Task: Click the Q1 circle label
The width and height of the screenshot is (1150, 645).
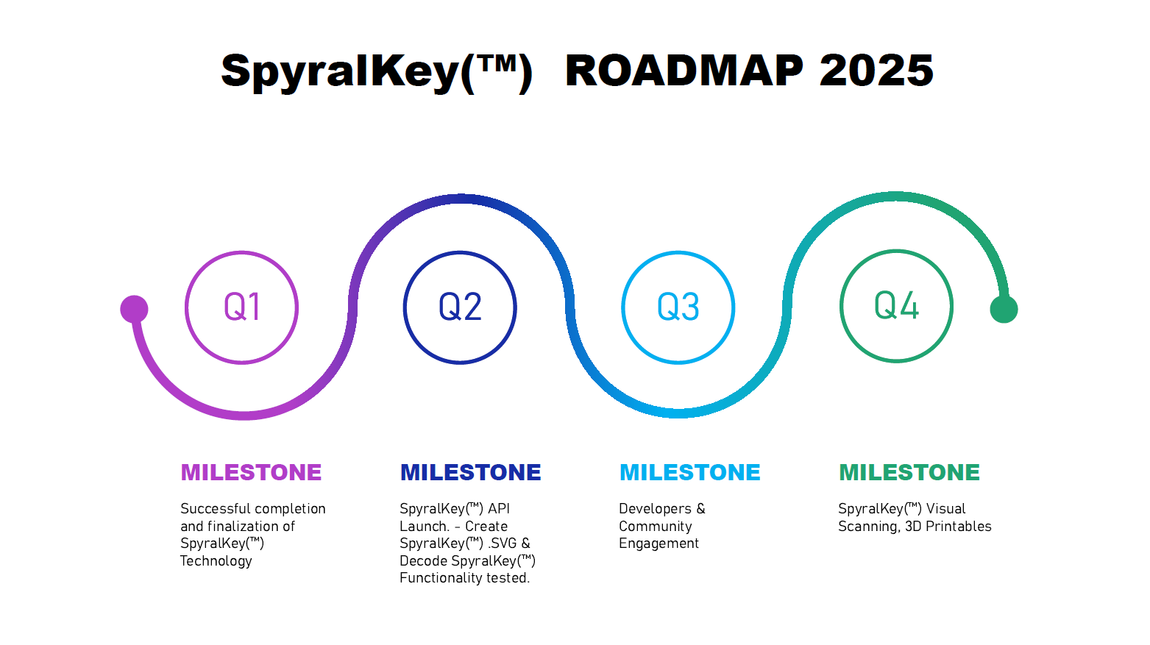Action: click(x=242, y=307)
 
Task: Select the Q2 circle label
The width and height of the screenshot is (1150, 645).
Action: click(x=460, y=307)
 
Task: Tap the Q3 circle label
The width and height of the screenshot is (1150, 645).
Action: click(x=678, y=307)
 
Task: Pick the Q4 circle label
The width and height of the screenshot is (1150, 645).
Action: click(x=896, y=305)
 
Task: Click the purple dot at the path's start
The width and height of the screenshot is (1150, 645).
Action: click(x=134, y=310)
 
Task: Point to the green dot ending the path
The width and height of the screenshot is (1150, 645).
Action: click(x=1004, y=309)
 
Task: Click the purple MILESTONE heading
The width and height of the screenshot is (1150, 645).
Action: click(x=251, y=472)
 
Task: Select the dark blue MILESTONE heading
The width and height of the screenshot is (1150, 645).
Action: click(x=470, y=472)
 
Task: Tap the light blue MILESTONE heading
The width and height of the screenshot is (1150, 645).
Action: click(x=689, y=472)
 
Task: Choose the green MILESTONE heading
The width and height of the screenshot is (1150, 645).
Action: click(x=909, y=472)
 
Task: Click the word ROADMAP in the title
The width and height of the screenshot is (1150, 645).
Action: click(x=684, y=71)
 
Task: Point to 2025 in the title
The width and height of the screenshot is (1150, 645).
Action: click(x=876, y=71)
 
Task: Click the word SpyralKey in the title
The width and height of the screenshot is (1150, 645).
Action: click(x=340, y=73)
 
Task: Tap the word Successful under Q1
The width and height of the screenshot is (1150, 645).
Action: click(x=215, y=508)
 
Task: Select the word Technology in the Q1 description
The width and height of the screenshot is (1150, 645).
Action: click(x=216, y=561)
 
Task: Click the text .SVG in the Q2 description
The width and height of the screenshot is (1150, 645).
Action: click(x=502, y=543)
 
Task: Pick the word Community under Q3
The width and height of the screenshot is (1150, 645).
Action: click(x=655, y=527)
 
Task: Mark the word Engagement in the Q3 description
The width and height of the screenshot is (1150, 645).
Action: click(x=659, y=544)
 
